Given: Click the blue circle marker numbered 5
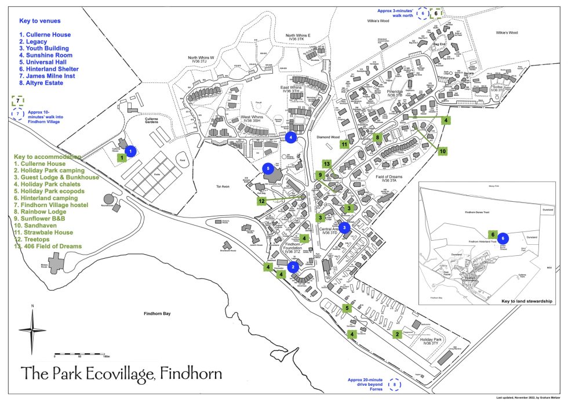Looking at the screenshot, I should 268,168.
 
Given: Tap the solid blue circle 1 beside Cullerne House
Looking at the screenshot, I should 131,151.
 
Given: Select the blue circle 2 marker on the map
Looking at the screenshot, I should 293,267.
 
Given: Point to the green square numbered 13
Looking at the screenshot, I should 327,164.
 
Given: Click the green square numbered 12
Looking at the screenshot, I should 262,201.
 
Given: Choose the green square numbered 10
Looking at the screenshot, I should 443,151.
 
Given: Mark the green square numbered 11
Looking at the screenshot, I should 344,144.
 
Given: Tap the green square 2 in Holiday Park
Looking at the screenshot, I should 398,334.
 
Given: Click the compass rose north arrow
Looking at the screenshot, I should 32,329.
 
